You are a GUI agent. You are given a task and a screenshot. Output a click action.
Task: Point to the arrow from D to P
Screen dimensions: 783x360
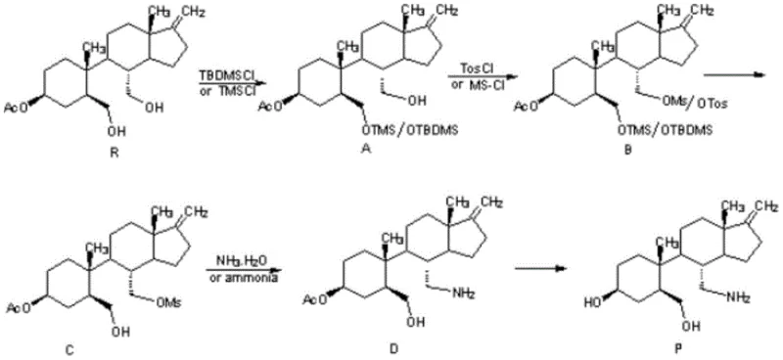tap(544, 264)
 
